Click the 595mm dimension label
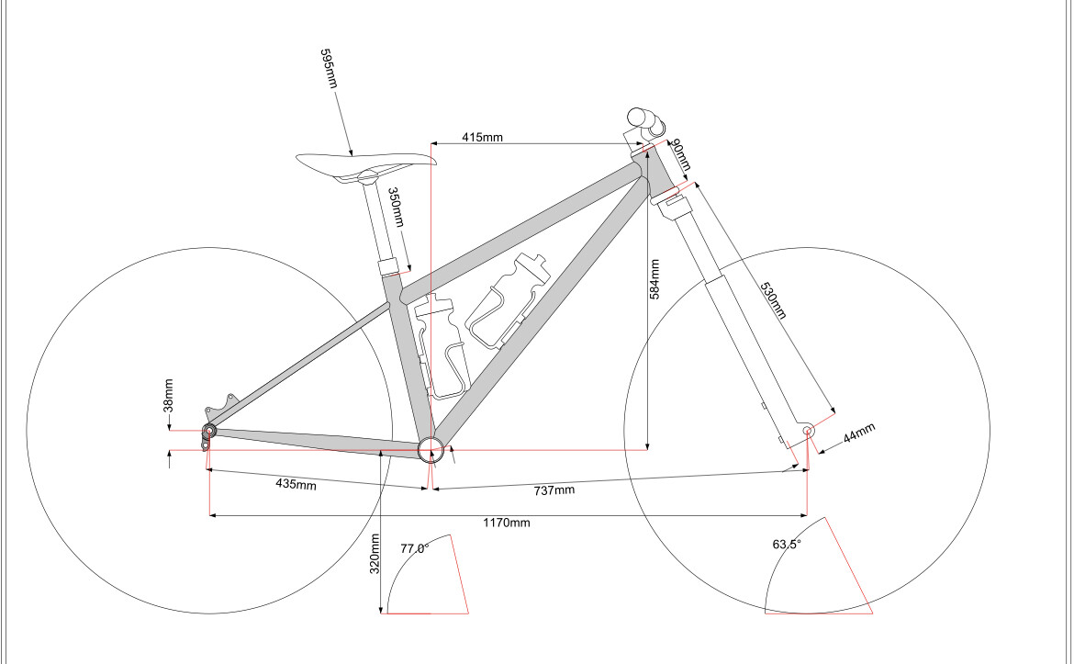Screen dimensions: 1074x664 (329, 69)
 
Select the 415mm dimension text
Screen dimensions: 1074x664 (482, 137)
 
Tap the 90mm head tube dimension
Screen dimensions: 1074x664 (680, 155)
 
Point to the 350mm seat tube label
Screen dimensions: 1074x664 (396, 208)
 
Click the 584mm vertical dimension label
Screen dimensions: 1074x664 (654, 279)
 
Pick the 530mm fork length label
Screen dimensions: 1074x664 (773, 300)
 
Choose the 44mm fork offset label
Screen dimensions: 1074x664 (859, 433)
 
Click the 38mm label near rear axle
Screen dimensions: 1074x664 (169, 396)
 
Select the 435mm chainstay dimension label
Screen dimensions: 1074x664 (296, 484)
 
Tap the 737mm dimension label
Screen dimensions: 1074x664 (554, 490)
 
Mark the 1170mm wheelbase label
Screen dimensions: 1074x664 (507, 523)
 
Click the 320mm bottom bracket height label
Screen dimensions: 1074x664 (375, 555)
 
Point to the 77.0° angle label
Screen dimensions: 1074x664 (414, 548)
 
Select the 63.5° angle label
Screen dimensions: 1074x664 (787, 544)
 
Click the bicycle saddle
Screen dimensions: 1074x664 (365, 164)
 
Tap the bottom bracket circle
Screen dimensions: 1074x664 (431, 449)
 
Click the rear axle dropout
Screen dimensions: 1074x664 (209, 431)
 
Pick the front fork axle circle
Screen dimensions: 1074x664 (808, 431)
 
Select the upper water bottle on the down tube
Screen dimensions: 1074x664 (509, 298)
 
